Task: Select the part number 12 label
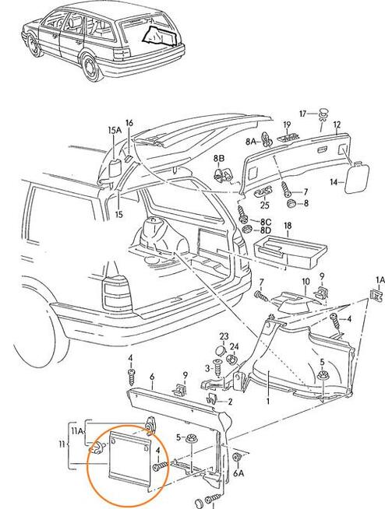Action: coord(337,125)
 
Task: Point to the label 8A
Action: coord(250,142)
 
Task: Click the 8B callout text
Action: coord(221,158)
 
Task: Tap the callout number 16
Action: coord(129,123)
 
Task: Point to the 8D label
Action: coord(266,231)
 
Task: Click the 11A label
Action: coord(77,430)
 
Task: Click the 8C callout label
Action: coord(265,221)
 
